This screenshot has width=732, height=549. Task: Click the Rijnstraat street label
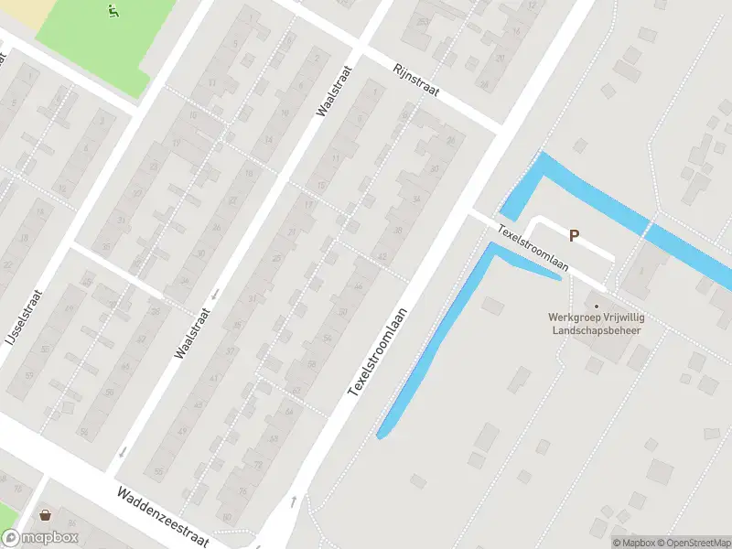(x=417, y=82)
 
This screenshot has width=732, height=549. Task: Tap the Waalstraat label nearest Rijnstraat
(x=335, y=91)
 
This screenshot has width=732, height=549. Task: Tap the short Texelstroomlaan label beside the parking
(x=533, y=247)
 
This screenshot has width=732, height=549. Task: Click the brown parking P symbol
(x=575, y=235)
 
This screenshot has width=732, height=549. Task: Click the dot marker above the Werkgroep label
(x=597, y=307)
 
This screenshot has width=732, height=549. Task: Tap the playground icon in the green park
(x=113, y=12)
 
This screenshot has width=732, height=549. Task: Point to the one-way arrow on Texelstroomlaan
(x=293, y=501)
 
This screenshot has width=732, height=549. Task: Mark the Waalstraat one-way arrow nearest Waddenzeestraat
(x=121, y=452)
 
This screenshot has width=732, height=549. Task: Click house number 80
(x=227, y=518)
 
